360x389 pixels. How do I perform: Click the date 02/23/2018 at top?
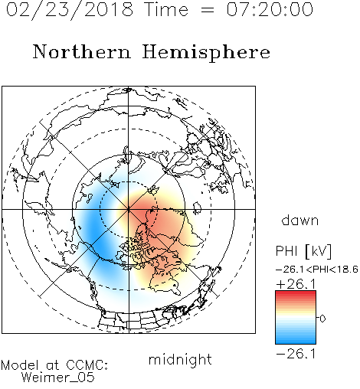click(70, 10)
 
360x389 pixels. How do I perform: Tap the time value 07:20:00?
click(270, 9)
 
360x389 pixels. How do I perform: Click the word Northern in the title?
click(82, 51)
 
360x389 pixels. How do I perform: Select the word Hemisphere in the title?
click(206, 52)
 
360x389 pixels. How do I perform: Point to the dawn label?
click(300, 220)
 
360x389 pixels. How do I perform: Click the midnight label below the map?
click(180, 359)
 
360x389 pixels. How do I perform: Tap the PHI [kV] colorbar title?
click(303, 251)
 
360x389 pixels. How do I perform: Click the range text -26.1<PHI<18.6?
click(317, 270)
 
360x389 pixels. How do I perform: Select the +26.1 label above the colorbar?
click(296, 284)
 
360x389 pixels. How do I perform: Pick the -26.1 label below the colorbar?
click(296, 354)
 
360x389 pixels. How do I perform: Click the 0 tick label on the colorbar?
click(322, 319)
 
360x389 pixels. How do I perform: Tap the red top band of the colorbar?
click(296, 294)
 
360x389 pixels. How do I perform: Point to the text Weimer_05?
click(58, 378)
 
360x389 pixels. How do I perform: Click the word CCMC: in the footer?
click(87, 365)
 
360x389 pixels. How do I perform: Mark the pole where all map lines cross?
click(129, 209)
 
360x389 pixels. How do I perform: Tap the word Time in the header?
click(166, 9)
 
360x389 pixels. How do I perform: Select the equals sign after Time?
click(208, 10)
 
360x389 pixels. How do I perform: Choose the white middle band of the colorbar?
click(296, 318)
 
